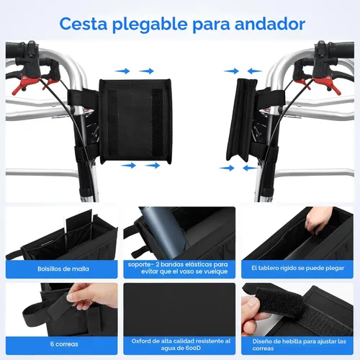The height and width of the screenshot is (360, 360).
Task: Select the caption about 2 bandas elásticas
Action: click(x=179, y=268)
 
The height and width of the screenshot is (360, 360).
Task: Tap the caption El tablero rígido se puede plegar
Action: click(x=298, y=269)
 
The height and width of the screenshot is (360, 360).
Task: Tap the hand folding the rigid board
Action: click(x=317, y=220)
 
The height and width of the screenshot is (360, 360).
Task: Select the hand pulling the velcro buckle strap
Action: click(x=256, y=306)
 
